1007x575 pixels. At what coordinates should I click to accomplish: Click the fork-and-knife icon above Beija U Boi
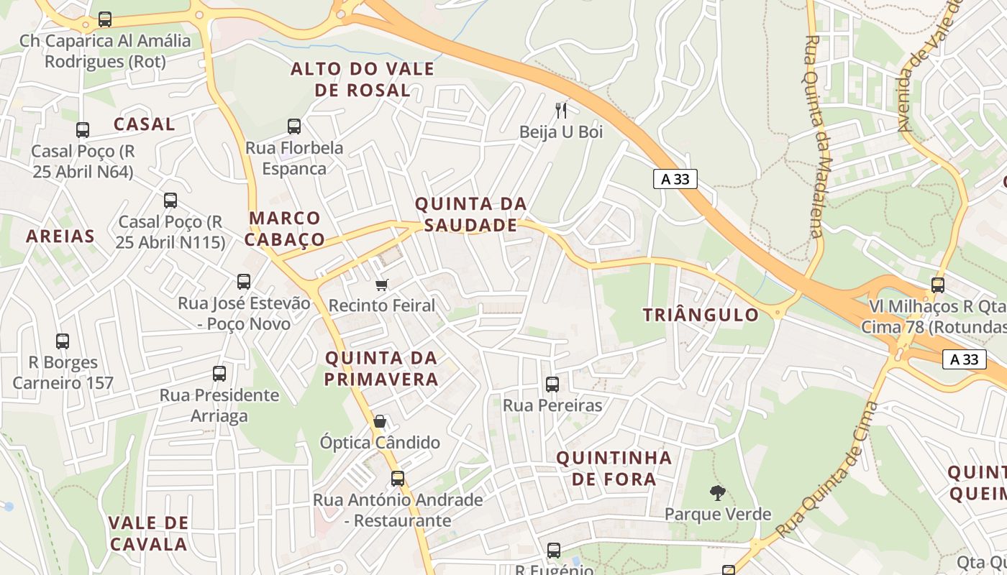(562, 110)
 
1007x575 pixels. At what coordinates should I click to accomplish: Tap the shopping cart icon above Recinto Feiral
(382, 285)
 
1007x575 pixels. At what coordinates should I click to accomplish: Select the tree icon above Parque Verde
(717, 493)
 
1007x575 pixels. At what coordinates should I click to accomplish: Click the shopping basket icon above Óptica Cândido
(380, 421)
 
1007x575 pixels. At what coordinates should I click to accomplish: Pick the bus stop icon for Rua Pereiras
(552, 385)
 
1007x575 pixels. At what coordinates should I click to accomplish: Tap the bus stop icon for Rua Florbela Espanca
(294, 127)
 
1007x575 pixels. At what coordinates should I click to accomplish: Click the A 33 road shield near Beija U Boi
(675, 179)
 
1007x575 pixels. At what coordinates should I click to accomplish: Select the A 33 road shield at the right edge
(964, 359)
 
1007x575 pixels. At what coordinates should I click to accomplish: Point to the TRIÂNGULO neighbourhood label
(701, 315)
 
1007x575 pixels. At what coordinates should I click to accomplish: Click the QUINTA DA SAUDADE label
(471, 215)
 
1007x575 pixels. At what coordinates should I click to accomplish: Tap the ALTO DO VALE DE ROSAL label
(363, 80)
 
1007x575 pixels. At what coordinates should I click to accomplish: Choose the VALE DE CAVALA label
(148, 533)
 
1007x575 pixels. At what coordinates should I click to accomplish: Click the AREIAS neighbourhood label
(60, 236)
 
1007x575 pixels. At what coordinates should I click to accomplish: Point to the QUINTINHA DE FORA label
(614, 469)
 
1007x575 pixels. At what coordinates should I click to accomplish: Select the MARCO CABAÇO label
(286, 229)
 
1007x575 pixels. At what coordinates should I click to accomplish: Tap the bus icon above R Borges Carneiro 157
(63, 341)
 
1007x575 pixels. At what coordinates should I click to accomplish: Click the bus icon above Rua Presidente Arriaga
(219, 374)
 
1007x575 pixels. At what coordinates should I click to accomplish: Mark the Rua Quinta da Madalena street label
(814, 137)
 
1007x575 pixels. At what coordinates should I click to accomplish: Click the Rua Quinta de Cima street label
(829, 471)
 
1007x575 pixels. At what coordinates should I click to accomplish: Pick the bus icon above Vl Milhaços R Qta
(938, 285)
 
